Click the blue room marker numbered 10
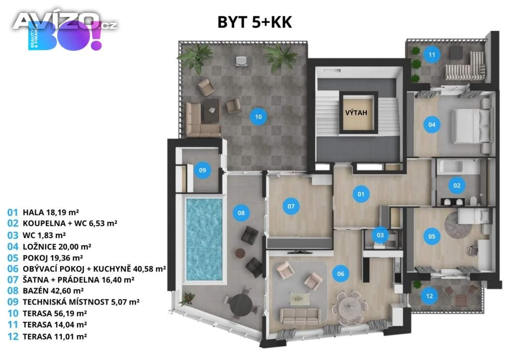(x=258, y=117)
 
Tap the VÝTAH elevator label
(x=356, y=113)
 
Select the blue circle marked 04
(x=432, y=125)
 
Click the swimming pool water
(x=204, y=239)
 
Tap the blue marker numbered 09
(x=202, y=170)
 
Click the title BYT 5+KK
(x=255, y=22)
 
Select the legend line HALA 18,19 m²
(x=51, y=212)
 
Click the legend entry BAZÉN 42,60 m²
(x=53, y=290)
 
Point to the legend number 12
(x=12, y=336)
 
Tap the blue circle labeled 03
(x=380, y=235)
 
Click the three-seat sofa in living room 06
(x=300, y=316)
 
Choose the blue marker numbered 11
(x=432, y=55)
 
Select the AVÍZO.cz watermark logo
(x=65, y=21)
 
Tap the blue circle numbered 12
(x=429, y=296)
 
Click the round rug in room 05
(x=458, y=224)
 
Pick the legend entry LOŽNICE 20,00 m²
(x=57, y=247)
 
